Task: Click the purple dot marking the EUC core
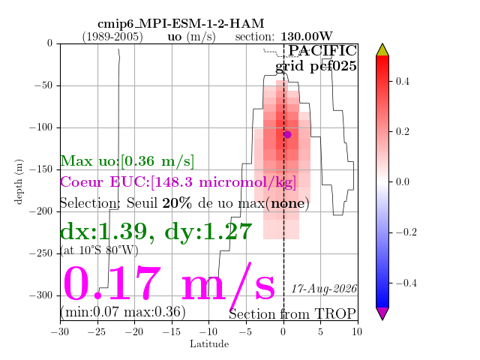(x=287, y=134)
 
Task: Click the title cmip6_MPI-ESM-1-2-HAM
(x=181, y=23)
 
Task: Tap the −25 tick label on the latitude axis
(x=97, y=331)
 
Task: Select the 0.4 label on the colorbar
(x=402, y=82)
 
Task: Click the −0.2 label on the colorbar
(x=406, y=232)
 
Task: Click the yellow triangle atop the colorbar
(x=382, y=50)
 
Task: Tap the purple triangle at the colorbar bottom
(x=382, y=313)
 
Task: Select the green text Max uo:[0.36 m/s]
(x=127, y=161)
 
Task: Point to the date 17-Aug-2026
(x=323, y=289)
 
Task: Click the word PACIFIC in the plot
(x=322, y=50)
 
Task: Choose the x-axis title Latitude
(x=209, y=343)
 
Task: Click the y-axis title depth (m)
(x=18, y=181)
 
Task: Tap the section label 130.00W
(x=307, y=37)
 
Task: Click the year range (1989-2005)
(x=112, y=37)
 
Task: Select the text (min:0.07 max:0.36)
(x=123, y=312)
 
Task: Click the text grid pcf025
(x=316, y=66)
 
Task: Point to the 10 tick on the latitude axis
(x=357, y=331)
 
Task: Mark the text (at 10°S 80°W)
(x=99, y=250)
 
